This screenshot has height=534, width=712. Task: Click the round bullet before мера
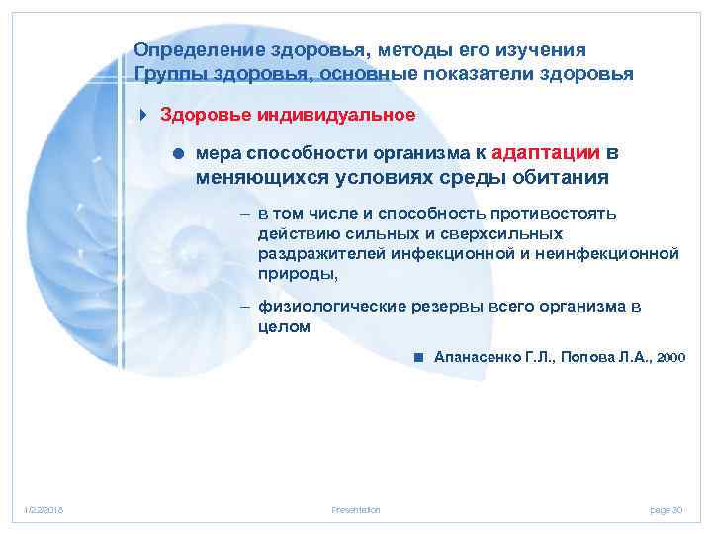178,154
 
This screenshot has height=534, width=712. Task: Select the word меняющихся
254,177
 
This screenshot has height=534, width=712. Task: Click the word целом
284,327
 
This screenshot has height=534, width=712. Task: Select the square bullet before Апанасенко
419,356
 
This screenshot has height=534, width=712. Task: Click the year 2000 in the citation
669,356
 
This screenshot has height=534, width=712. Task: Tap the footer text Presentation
355,509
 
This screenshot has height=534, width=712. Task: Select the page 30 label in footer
666,509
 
